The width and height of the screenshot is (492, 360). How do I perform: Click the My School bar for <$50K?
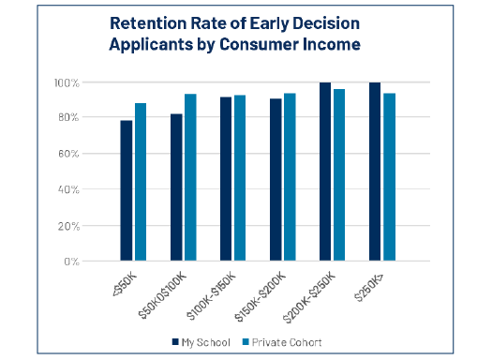click(127, 190)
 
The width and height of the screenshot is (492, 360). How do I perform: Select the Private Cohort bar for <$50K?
click(141, 182)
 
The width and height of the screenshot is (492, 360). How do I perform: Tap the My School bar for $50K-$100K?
click(176, 187)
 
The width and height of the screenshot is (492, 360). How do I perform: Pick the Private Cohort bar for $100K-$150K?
click(240, 178)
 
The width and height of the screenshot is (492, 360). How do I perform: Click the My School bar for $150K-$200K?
click(276, 180)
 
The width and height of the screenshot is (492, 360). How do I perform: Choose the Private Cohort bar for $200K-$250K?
click(339, 175)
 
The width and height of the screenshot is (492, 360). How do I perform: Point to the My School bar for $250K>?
click(375, 172)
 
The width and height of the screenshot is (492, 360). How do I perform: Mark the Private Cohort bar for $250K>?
click(390, 177)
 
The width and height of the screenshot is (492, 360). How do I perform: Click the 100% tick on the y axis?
click(67, 83)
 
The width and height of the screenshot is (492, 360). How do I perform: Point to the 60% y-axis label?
click(68, 154)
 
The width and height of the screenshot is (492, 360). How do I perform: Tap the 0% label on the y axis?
click(71, 262)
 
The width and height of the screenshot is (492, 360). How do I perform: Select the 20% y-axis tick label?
click(68, 226)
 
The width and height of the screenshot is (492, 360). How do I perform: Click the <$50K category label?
click(125, 285)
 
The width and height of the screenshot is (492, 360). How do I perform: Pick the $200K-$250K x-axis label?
click(309, 297)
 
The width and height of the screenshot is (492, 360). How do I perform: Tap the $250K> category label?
click(368, 287)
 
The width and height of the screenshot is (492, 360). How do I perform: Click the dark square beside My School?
click(175, 342)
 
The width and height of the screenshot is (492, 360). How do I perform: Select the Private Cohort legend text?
click(287, 342)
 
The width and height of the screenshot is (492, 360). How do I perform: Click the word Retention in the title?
click(148, 23)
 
